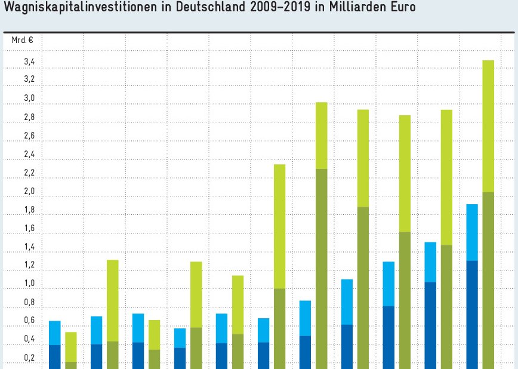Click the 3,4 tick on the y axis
[x=29, y=62]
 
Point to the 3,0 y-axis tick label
[x=29, y=99]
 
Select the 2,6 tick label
[x=29, y=136]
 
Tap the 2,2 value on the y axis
[x=29, y=173]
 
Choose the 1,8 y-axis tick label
[x=29, y=210]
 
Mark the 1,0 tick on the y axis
[x=29, y=284]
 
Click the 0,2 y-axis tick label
[x=29, y=358]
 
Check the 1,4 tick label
[x=29, y=247]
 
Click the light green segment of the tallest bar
[x=488, y=125]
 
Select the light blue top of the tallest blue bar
[x=472, y=232]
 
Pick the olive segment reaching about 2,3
[x=321, y=269]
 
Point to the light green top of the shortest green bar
[x=71, y=347]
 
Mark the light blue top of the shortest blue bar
[x=180, y=338]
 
